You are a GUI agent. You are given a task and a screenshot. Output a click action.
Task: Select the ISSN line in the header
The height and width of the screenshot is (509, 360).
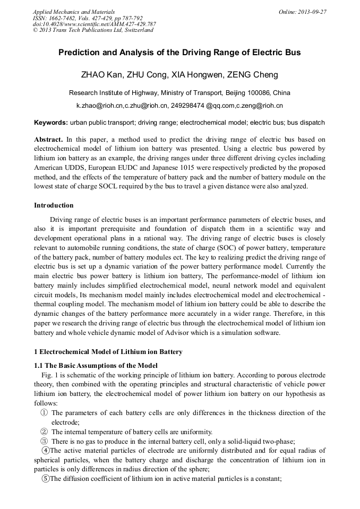(88, 18)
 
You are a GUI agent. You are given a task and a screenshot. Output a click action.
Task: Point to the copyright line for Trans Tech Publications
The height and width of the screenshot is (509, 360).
(93, 30)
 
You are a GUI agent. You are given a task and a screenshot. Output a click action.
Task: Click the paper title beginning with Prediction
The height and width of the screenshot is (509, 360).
(179, 53)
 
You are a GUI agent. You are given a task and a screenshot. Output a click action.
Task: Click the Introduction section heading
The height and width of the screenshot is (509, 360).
(54, 205)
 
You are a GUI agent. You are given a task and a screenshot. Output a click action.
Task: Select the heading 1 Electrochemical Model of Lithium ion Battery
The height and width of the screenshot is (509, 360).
(108, 352)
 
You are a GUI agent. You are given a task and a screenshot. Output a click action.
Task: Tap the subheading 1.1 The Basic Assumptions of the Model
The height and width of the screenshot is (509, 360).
(96, 365)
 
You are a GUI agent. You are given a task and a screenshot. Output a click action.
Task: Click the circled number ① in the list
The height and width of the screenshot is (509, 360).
(44, 413)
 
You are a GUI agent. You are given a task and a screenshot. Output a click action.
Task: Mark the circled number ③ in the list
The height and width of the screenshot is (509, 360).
(44, 442)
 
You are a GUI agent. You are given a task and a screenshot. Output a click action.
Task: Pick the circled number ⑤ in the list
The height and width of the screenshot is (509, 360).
(46, 480)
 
